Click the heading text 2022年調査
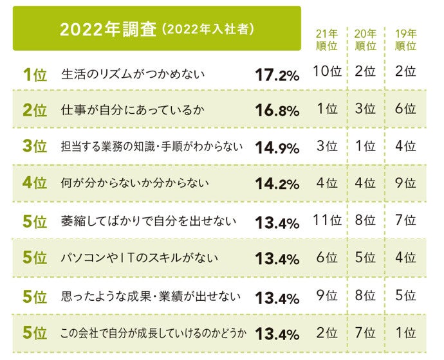point(107,30)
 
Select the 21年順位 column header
point(327,40)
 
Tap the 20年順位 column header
point(365,40)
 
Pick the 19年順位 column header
point(405,40)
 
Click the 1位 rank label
point(35,75)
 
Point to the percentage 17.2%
point(277,75)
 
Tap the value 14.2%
point(277,184)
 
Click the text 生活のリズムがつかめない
point(133,75)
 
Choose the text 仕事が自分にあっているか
point(133,110)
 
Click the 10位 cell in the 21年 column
point(327,71)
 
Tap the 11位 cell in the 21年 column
point(327,221)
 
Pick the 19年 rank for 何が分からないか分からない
point(405,183)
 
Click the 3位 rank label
point(35,147)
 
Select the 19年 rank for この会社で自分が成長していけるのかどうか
point(405,332)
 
